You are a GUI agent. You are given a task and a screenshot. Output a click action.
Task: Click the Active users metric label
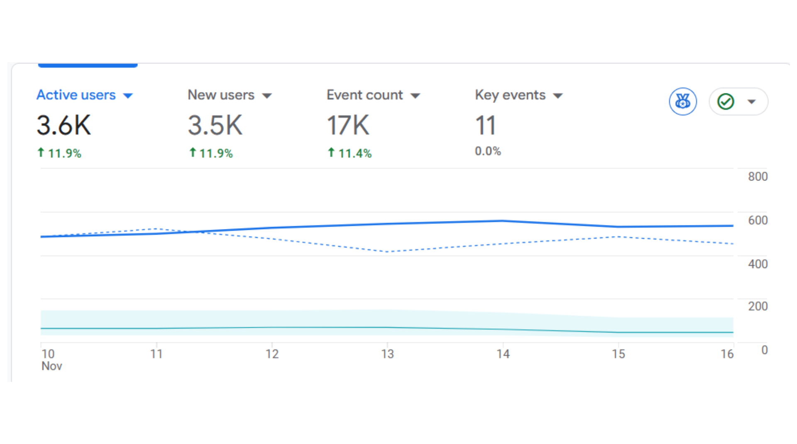tap(76, 95)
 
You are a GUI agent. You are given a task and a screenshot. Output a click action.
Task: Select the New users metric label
tap(221, 95)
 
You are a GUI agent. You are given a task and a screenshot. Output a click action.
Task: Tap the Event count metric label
tap(364, 95)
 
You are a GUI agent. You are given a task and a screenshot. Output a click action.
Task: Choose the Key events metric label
tap(510, 95)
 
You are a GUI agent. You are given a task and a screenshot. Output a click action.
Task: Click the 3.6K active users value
tap(64, 125)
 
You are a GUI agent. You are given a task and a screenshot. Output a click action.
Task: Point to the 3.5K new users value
tap(215, 125)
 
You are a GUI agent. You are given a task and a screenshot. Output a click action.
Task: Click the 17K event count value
tap(348, 125)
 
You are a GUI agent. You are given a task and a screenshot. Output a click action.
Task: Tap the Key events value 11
tap(485, 125)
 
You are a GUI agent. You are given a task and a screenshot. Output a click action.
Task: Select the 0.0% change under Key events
tap(488, 151)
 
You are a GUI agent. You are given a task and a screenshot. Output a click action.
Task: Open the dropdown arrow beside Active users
tap(128, 96)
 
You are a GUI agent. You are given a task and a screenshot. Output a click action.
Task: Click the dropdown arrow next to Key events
tap(558, 96)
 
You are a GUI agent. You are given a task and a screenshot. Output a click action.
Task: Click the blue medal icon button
tap(682, 101)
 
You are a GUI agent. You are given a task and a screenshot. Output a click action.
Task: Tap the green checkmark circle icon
tap(726, 101)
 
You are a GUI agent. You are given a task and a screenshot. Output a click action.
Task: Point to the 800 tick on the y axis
tap(758, 177)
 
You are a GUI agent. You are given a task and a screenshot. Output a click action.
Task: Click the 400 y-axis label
tap(758, 264)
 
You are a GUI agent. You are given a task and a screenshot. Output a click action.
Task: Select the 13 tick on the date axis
tap(387, 354)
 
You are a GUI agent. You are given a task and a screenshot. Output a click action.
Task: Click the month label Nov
tap(51, 366)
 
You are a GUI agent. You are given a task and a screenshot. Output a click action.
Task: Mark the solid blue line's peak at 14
tap(503, 221)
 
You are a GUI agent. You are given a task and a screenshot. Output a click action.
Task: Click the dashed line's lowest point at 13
tap(387, 251)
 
